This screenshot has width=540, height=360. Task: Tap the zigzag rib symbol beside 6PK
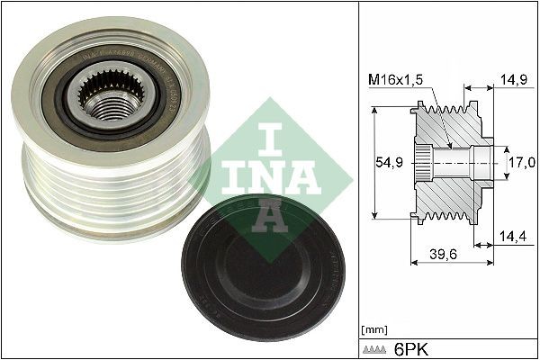[378, 347]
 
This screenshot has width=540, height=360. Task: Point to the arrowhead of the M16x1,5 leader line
[447, 145]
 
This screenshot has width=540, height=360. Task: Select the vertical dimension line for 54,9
[373, 162]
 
